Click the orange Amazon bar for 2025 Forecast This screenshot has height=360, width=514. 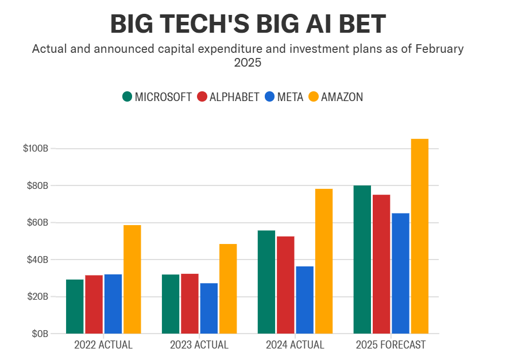click(419, 236)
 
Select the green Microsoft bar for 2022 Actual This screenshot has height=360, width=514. click(75, 306)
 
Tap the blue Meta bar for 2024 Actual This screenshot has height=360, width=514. click(304, 300)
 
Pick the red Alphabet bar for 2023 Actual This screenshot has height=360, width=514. click(190, 303)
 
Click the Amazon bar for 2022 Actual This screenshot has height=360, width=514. click(132, 279)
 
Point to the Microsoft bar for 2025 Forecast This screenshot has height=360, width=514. click(362, 260)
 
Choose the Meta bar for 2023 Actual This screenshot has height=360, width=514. click(208, 308)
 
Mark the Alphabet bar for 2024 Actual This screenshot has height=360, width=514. click(285, 285)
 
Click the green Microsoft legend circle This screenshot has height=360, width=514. click(127, 96)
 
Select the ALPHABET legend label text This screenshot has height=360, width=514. click(234, 97)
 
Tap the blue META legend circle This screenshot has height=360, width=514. click(269, 96)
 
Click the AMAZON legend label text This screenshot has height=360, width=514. click(342, 97)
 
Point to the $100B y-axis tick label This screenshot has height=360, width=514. click(36, 149)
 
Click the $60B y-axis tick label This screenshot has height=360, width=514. click(37, 223)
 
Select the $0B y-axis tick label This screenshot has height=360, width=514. click(40, 334)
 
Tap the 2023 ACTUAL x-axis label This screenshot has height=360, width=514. click(199, 345)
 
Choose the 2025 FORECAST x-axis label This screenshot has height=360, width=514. click(391, 345)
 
